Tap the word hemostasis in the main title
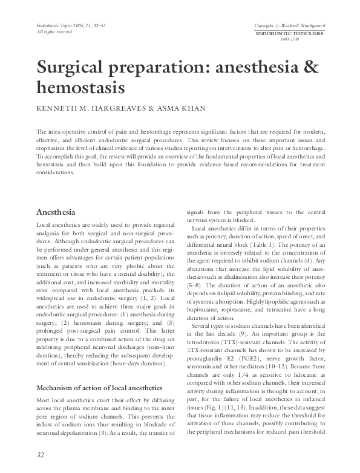[80, 88]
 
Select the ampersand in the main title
[310, 68]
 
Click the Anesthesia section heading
[56, 212]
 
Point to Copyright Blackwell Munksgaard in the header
[291, 27]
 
